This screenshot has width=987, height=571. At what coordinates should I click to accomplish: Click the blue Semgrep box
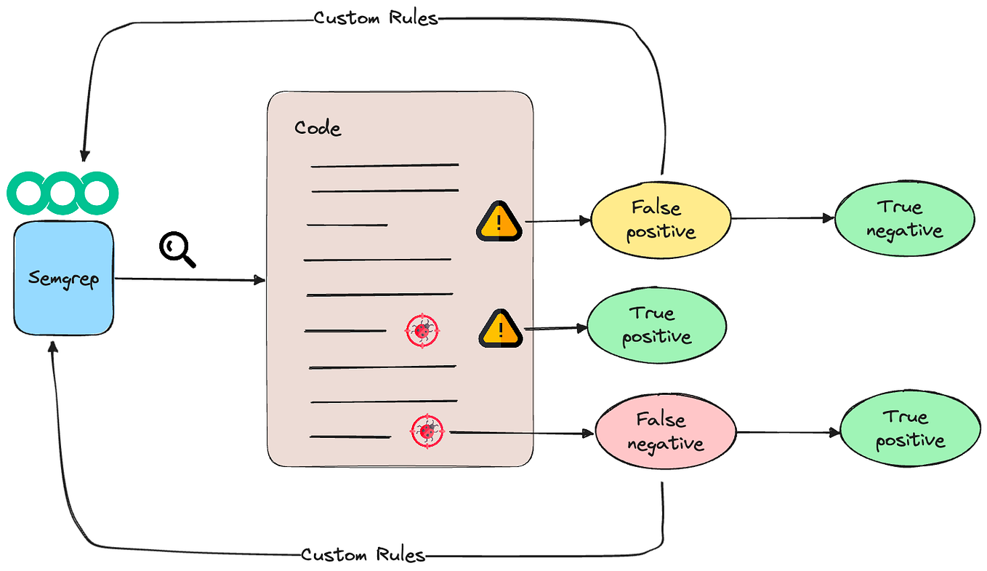(64, 279)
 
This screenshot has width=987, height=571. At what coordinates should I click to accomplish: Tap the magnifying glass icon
(177, 250)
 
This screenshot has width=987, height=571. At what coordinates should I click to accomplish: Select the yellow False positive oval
(661, 220)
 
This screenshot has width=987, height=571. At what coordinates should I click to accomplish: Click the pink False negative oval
(665, 432)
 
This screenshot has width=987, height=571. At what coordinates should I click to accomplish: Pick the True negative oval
(904, 220)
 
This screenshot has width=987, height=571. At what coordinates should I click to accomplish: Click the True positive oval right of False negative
(909, 428)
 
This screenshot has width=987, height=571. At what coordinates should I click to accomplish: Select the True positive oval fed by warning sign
(656, 325)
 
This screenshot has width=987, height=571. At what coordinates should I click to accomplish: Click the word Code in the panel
(318, 129)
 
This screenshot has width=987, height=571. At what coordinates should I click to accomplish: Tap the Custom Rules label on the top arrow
(376, 17)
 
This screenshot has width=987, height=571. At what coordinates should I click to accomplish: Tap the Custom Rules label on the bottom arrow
(363, 555)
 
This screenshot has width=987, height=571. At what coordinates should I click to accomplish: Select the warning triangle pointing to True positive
(501, 328)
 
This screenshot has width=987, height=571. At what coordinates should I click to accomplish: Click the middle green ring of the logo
(63, 193)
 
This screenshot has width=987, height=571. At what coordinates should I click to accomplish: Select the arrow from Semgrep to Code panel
(189, 279)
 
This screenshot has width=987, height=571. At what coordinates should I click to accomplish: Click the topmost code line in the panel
(384, 165)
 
